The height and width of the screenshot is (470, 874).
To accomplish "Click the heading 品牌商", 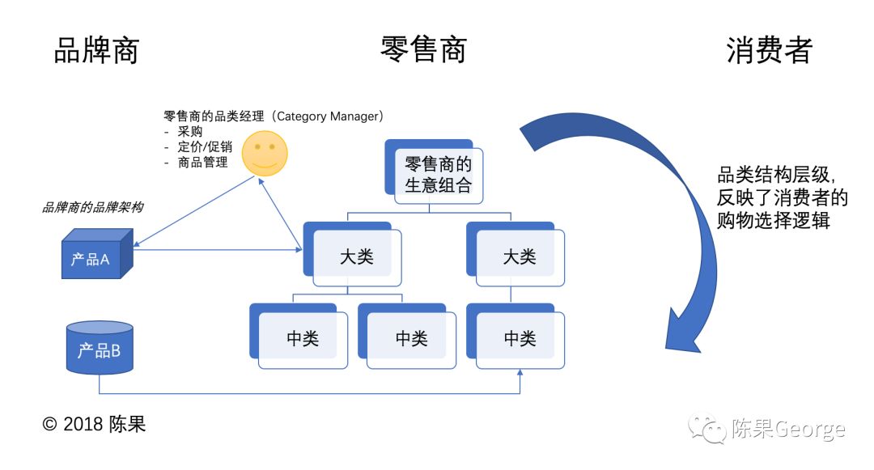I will (96, 51).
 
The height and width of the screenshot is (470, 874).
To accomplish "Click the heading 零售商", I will (423, 51).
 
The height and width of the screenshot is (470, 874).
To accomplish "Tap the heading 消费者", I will (769, 51).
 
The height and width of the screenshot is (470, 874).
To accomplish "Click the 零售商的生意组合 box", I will (438, 175).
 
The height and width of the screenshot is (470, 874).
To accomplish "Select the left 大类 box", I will (356, 256).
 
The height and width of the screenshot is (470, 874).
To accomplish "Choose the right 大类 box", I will (519, 256).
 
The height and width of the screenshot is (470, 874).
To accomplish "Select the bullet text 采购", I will (190, 131).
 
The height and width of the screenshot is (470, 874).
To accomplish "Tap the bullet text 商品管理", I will (202, 162).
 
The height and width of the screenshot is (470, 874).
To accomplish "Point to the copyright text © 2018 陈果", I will (95, 424).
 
